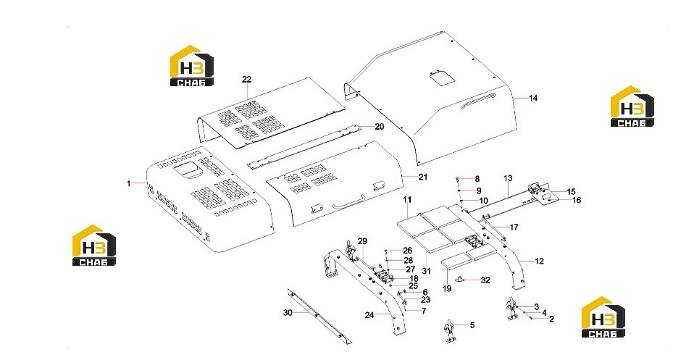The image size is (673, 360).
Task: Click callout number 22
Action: (x=247, y=80)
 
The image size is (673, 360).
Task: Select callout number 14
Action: (x=532, y=99)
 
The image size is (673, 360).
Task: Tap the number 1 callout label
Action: (x=128, y=183)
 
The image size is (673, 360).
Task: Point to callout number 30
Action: (x=288, y=313)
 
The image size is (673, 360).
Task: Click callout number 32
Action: (x=485, y=280)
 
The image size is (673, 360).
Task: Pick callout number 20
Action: (x=380, y=127)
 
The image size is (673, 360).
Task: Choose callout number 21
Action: (x=423, y=177)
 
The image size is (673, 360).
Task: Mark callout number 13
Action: (x=508, y=178)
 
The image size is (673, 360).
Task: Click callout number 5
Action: (x=472, y=325)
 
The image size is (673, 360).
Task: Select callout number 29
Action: (x=362, y=241)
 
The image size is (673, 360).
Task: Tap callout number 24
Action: (x=369, y=315)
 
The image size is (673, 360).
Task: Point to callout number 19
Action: (x=447, y=289)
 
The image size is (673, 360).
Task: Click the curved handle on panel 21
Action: (x=348, y=202)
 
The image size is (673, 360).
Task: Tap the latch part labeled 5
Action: (x=450, y=332)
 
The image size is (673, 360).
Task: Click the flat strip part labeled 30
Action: (x=319, y=317)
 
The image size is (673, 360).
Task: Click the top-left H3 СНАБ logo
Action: (x=191, y=66)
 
